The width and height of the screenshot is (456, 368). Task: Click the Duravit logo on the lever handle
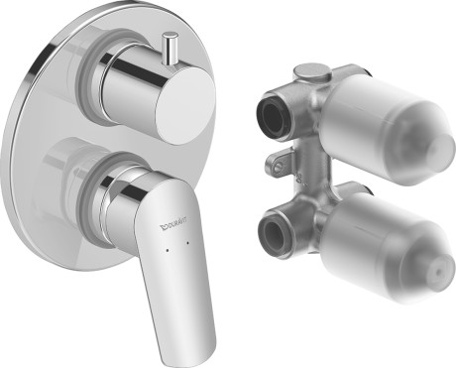coord(173,222)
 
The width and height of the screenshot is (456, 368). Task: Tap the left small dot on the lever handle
coord(168,251)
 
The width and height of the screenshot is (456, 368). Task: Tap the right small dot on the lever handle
coord(188,243)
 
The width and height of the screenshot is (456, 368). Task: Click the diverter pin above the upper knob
coord(171,48)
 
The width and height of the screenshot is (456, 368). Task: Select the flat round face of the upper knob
coord(185,104)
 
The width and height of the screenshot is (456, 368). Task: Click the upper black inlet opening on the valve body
coord(272,113)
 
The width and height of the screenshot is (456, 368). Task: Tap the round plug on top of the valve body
coord(312,72)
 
